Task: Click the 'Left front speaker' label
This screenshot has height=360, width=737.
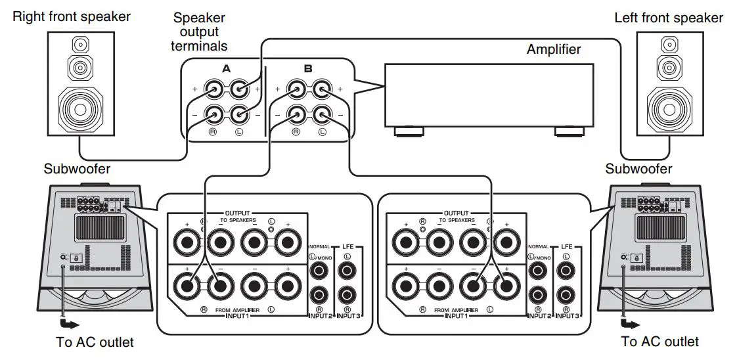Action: pyautogui.click(x=668, y=18)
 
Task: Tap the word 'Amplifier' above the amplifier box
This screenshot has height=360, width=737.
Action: pyautogui.click(x=553, y=49)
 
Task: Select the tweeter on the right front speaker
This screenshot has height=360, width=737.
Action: pyautogui.click(x=80, y=45)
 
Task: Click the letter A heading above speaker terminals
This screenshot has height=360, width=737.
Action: pyautogui.click(x=226, y=68)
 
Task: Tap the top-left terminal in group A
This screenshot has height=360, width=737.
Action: pyautogui.click(x=214, y=88)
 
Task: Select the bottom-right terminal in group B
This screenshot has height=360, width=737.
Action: pyautogui.click(x=322, y=116)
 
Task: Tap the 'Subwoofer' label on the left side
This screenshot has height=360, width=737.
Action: pyautogui.click(x=77, y=169)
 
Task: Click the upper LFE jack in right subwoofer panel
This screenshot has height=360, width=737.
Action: pyautogui.click(x=564, y=269)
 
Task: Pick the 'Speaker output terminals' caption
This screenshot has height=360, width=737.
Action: pyautogui.click(x=199, y=32)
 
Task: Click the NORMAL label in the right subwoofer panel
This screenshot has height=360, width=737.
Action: pyautogui.click(x=539, y=246)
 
